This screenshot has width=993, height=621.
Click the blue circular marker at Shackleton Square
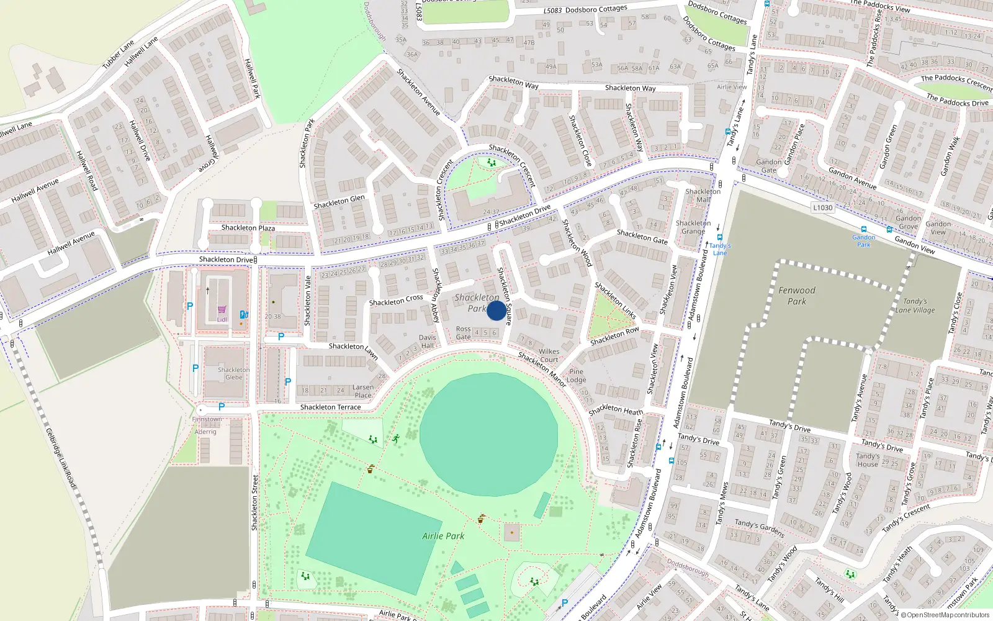point(496,310)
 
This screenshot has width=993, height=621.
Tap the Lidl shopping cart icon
point(222,310)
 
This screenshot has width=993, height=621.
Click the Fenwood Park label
point(797,296)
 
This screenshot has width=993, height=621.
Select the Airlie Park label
point(443,536)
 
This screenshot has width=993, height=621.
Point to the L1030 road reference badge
point(823,207)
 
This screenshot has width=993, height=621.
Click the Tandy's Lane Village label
point(915,306)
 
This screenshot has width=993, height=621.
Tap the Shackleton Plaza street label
point(248,228)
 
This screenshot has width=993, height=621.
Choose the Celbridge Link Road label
point(61,456)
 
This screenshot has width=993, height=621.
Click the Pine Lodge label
point(576,376)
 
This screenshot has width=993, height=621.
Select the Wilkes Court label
point(549,355)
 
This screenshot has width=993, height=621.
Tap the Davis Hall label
point(427,342)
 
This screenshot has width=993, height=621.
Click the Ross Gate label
point(464,333)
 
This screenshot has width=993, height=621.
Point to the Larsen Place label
point(363,391)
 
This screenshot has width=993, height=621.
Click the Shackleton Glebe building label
point(234,373)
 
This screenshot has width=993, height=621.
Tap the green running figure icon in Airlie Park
point(395,439)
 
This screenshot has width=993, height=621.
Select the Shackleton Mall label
point(703,195)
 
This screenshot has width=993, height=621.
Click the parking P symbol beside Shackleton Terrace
point(222,407)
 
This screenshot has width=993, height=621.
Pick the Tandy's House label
point(867,460)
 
